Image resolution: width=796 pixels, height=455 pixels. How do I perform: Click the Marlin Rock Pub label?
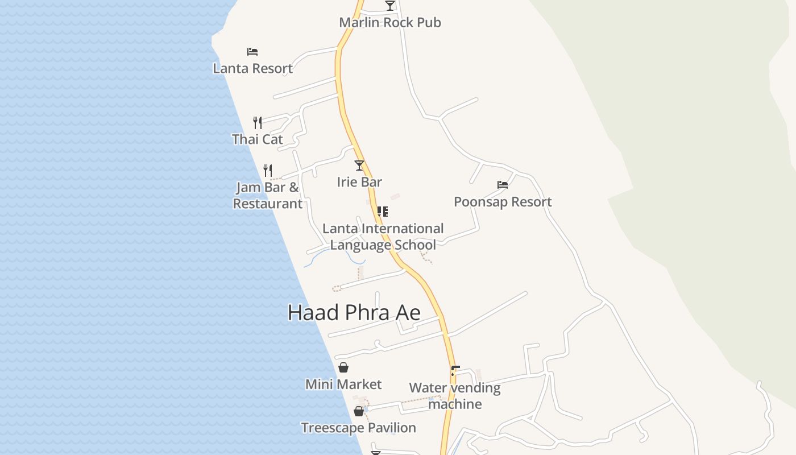(x=390, y=23)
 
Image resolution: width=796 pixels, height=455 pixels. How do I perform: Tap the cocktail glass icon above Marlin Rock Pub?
(x=389, y=6)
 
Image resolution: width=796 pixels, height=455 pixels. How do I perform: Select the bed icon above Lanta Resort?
(x=252, y=52)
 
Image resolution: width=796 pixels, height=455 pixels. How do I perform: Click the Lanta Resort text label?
(x=252, y=68)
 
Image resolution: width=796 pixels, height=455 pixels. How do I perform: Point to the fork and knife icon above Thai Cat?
(x=258, y=122)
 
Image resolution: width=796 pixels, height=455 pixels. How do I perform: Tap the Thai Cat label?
(x=258, y=139)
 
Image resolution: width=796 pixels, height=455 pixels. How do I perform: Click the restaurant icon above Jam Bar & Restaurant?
(x=268, y=170)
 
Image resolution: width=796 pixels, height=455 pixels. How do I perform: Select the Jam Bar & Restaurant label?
(x=267, y=196)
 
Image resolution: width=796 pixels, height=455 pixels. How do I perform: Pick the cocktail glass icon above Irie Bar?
(x=359, y=166)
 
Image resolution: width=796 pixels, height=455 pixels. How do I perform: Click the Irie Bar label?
(x=359, y=182)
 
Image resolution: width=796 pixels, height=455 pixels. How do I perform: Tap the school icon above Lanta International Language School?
(x=383, y=212)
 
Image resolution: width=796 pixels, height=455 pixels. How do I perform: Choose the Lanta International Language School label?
(x=383, y=237)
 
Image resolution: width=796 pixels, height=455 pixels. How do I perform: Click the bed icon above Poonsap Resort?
(x=503, y=185)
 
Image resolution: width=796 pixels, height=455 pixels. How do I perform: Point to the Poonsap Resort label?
(x=503, y=202)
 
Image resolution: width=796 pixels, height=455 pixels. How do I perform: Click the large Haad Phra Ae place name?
(x=354, y=313)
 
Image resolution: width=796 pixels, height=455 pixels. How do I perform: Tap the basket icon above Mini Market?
(x=343, y=367)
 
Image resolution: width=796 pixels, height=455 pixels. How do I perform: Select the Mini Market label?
(x=343, y=384)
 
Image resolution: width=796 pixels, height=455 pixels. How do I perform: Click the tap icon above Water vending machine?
(x=454, y=371)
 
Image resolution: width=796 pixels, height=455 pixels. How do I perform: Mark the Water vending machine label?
(x=455, y=396)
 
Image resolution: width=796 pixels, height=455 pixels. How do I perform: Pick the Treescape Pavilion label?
(x=358, y=428)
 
